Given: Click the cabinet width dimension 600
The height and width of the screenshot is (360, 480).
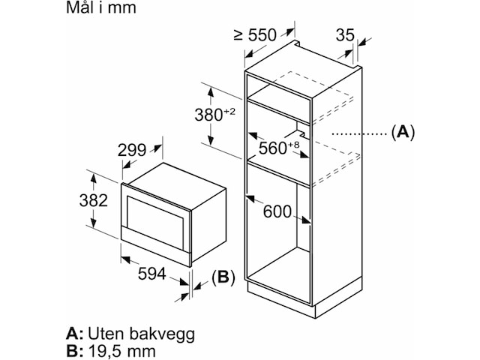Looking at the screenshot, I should (277, 211).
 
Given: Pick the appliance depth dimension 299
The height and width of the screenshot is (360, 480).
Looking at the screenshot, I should (132, 150).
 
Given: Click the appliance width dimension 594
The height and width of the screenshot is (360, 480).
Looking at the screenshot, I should (152, 274).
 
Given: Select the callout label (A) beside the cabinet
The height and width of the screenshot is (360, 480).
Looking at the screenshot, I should (403, 133).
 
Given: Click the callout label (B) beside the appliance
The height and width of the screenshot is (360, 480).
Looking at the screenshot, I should (223, 278).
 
